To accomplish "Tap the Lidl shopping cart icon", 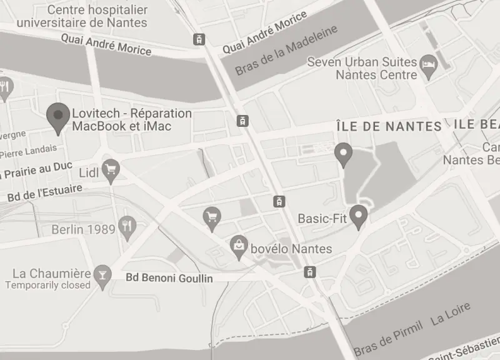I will (x=111, y=169).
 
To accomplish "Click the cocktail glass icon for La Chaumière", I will (x=101, y=274).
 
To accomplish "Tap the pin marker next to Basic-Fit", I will (x=358, y=216).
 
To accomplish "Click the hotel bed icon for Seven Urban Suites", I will (x=428, y=64).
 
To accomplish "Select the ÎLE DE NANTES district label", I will (x=389, y=126).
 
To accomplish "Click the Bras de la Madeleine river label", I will (x=286, y=50).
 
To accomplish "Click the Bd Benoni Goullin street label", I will (x=169, y=278).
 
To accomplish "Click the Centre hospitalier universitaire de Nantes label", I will (x=82, y=17).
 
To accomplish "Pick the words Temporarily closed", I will (x=48, y=285).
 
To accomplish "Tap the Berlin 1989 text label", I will (x=84, y=229).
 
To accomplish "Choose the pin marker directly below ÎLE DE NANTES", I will (x=342, y=154).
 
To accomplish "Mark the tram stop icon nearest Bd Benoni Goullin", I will (x=309, y=271).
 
